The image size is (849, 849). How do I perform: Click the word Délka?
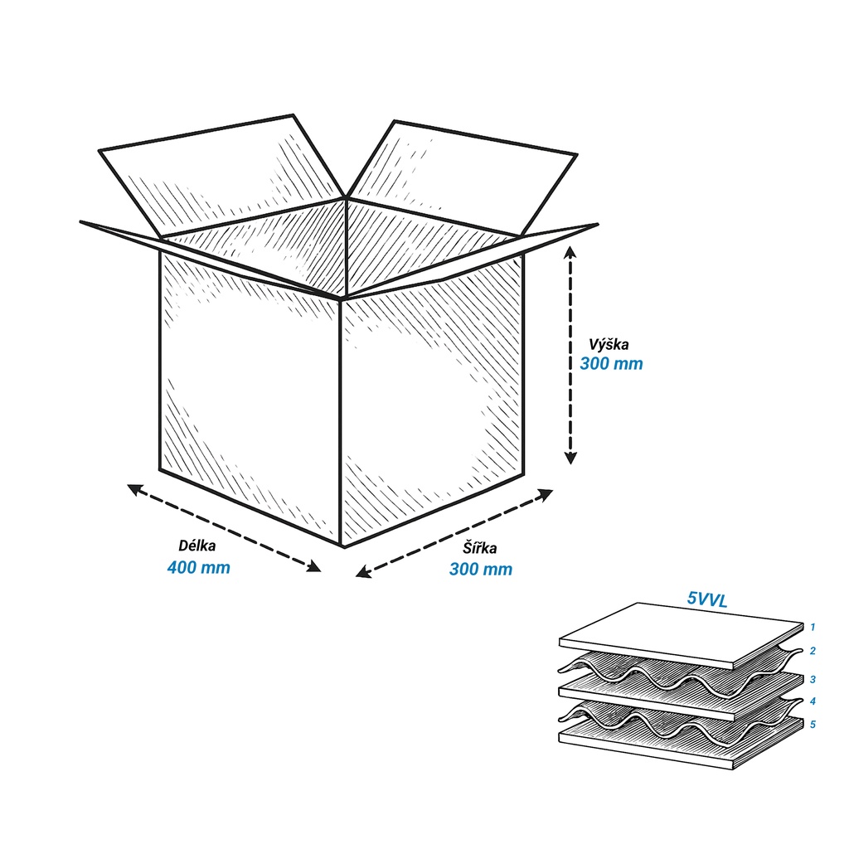tap(197, 546)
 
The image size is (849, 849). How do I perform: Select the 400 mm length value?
tap(199, 567)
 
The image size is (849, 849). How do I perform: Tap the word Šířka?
tap(480, 547)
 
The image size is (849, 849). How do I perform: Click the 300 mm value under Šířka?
tap(481, 569)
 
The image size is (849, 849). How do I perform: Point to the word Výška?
tap(609, 344)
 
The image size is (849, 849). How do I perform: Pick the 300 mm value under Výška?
tap(611, 363)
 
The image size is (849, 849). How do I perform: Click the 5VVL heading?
tap(707, 599)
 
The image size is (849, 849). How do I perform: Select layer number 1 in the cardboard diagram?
tap(813, 627)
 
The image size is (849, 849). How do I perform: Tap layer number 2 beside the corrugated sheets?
tap(813, 650)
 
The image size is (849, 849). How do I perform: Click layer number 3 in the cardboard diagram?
tap(813, 679)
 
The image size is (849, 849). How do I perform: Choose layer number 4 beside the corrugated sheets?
tap(813, 701)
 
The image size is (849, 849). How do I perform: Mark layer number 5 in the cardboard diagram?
tap(813, 724)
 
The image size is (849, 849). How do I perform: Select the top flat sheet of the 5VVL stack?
tap(682, 636)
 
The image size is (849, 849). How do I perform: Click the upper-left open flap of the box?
tap(222, 176)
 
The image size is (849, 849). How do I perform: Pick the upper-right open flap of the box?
tap(461, 178)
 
